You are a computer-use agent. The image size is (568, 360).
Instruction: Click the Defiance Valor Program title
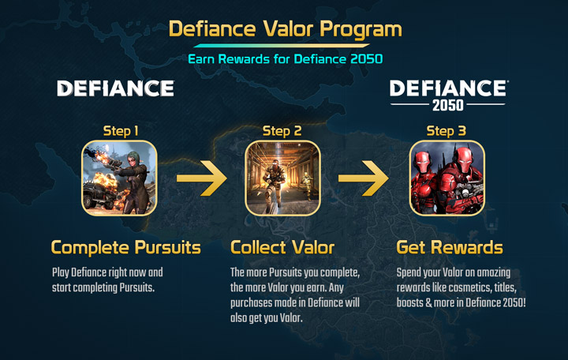coord(285,29)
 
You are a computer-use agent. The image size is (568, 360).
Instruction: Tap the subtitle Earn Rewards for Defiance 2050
coord(286,59)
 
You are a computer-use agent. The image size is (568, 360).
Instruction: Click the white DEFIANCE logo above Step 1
coord(115,88)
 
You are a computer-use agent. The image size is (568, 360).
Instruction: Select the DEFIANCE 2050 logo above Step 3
coord(448,95)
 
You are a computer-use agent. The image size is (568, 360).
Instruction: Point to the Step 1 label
coord(121,131)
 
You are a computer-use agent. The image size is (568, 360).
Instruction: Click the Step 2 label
coord(282,131)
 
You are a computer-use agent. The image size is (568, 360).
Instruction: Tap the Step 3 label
coord(447,131)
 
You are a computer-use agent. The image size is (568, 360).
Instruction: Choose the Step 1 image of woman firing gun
coord(119,178)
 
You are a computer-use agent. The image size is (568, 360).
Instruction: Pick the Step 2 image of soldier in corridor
coord(283,178)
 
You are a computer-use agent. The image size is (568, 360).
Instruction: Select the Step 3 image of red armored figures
coord(447,178)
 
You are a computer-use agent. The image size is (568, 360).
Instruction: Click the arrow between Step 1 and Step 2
coord(201,178)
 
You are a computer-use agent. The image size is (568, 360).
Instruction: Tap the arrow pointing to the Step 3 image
coord(364,178)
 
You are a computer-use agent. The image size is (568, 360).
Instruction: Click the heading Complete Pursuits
coord(125,248)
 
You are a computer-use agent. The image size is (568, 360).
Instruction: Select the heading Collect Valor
coord(282,248)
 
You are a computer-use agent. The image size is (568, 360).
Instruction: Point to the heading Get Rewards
coord(450,248)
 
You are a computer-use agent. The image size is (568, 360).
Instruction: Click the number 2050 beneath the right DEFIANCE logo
coord(448,105)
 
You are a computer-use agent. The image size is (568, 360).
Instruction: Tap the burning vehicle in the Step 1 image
coord(99,192)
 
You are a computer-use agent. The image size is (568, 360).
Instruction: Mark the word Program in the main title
coord(361,30)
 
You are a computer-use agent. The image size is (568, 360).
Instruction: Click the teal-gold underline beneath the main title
coord(282,46)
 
